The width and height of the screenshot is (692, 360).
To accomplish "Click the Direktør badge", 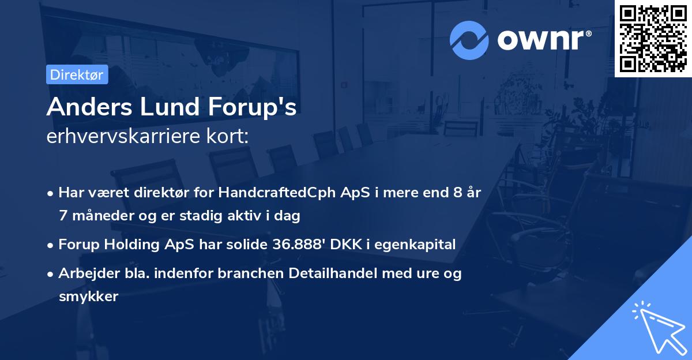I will [77, 74].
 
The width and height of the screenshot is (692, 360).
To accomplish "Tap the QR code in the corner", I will [653, 38].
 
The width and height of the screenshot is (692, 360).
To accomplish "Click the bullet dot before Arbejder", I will [51, 274].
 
